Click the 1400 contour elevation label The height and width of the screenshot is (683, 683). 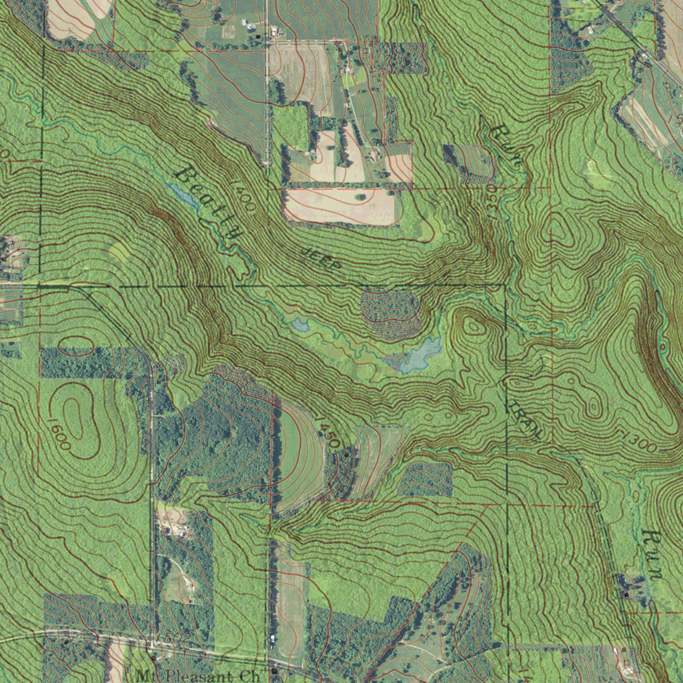point(243,196)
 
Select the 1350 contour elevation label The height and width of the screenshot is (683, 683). point(492,201)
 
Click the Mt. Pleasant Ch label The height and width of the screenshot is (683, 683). point(197,675)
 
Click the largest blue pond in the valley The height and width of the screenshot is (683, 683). point(416,354)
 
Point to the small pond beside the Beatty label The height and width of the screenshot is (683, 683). point(181,194)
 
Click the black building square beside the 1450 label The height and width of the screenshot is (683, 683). point(347,454)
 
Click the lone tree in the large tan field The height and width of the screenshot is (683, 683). point(361,196)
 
